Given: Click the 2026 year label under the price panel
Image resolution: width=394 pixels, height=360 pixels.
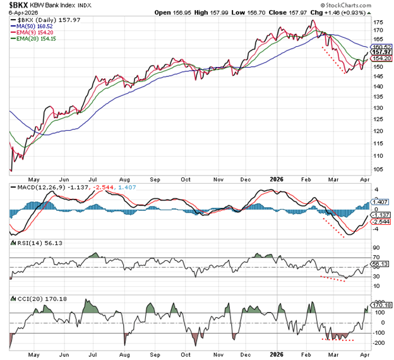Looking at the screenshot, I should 278,179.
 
